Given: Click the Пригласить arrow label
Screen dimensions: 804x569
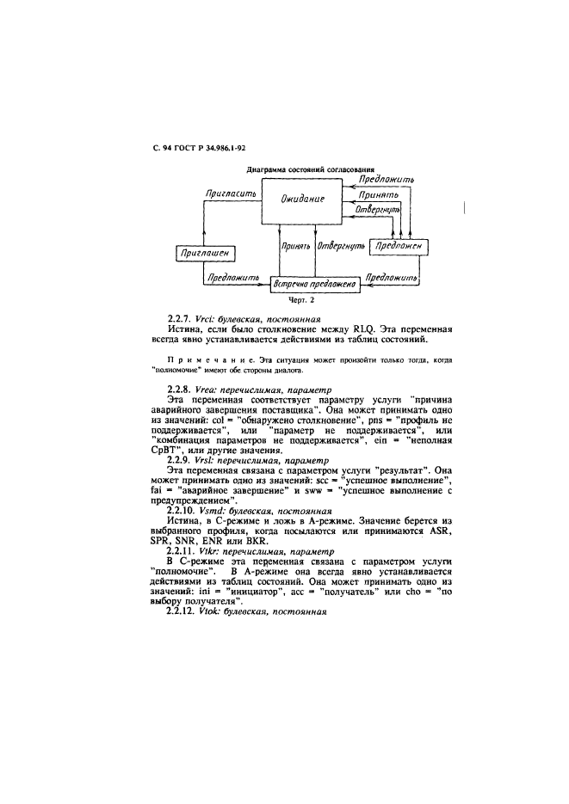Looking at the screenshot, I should click(227, 194).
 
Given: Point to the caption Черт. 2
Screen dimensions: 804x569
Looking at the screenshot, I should click(308, 302).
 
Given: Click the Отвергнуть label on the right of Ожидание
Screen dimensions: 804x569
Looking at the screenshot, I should click(378, 209).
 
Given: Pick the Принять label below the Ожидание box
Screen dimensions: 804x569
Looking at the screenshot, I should click(295, 246).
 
